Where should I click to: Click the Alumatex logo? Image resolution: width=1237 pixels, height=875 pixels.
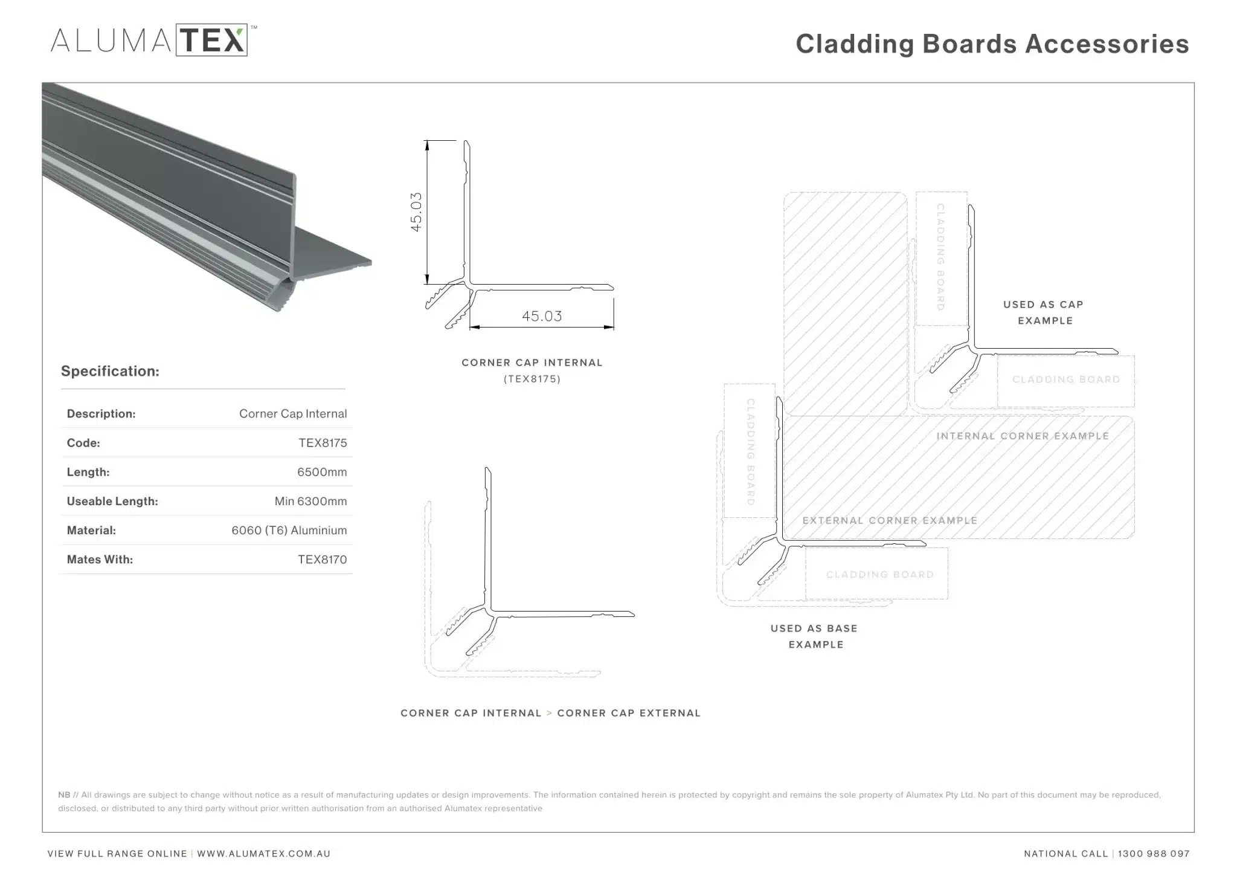153,40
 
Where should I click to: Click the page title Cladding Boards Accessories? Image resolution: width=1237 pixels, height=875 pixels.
992,44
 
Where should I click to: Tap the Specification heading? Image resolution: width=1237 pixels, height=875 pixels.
110,371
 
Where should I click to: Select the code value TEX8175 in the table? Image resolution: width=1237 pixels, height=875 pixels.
323,443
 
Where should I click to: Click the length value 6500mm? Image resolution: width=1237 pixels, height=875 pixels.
322,472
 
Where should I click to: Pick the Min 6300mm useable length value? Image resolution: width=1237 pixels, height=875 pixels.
310,501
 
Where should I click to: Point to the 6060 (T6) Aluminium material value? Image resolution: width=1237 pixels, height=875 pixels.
289,530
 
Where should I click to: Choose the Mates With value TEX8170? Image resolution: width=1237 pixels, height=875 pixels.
322,560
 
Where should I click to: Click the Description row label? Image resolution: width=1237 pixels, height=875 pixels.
101,414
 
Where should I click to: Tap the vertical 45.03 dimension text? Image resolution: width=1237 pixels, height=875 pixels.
416,212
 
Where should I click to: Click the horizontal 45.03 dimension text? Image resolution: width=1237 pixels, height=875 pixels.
542,316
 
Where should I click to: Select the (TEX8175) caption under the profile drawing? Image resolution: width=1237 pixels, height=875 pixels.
532,379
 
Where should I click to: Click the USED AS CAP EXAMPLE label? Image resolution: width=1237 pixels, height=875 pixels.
1044,312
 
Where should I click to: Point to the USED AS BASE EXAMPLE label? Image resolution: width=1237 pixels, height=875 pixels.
814,636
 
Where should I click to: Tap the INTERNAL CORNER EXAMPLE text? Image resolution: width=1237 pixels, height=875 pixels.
1023,436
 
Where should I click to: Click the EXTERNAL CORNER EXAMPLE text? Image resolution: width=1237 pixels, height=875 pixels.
890,520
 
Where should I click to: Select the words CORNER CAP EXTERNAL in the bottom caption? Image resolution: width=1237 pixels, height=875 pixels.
629,713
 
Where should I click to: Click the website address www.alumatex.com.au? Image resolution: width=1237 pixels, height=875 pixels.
263,854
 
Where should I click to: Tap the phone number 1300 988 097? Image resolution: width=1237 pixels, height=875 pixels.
1154,854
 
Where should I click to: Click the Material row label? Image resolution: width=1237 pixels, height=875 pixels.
91,531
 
